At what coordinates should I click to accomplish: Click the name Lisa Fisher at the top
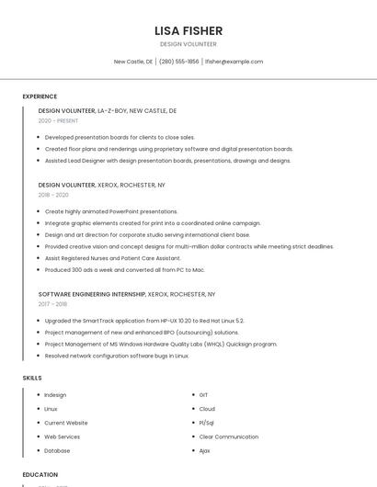click(x=188, y=30)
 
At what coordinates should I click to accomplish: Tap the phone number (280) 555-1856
click(x=178, y=62)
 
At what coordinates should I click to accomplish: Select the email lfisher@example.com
click(x=234, y=62)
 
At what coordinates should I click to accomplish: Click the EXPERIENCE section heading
click(x=40, y=96)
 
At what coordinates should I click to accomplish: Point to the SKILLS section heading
click(x=32, y=378)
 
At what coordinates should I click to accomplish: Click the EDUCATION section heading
click(x=40, y=475)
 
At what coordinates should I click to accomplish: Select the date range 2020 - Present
click(x=58, y=120)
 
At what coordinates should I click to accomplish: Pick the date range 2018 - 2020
click(x=53, y=195)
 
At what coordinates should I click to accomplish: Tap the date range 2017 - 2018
click(x=52, y=304)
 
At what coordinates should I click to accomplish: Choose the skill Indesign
click(x=55, y=395)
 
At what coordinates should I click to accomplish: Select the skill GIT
click(x=203, y=395)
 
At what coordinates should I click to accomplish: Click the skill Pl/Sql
click(x=207, y=423)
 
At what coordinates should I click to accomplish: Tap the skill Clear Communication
click(x=228, y=436)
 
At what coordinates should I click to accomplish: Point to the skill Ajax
click(x=204, y=450)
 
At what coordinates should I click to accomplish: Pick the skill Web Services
click(x=62, y=436)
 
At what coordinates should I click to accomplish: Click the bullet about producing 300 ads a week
click(x=124, y=270)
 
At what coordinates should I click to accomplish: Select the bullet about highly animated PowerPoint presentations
click(x=111, y=211)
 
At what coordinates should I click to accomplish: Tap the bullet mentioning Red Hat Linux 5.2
click(x=144, y=321)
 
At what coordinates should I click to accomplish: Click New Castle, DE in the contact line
click(x=132, y=62)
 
